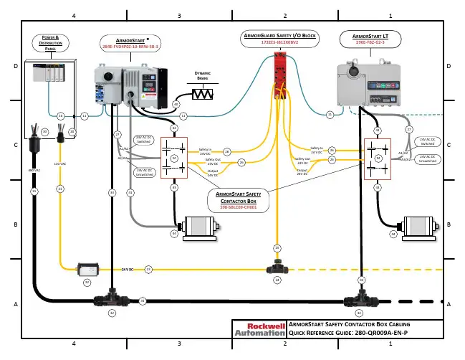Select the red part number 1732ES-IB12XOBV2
pyautogui.click(x=279, y=43)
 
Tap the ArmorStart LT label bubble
pyautogui.click(x=370, y=39)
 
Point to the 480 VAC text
pyautogui.click(x=33, y=170)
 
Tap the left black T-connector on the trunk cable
pyautogui.click(x=112, y=297)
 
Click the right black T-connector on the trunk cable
pyautogui.click(x=359, y=297)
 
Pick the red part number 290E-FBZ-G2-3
pyautogui.click(x=370, y=44)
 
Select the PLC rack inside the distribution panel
pyautogui.click(x=52, y=73)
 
